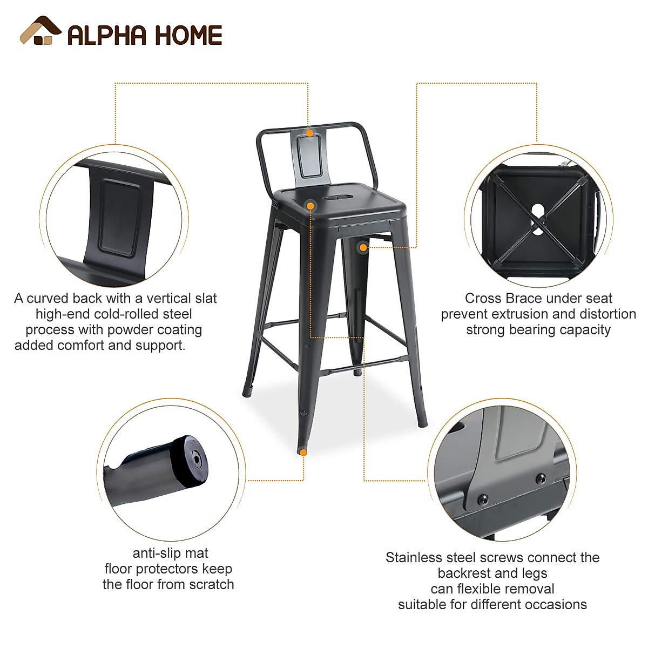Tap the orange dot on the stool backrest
[309, 133]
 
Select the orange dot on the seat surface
[310, 206]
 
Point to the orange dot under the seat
[363, 248]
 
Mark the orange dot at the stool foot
[303, 453]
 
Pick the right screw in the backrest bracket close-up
[540, 478]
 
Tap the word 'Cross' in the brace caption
[483, 299]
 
